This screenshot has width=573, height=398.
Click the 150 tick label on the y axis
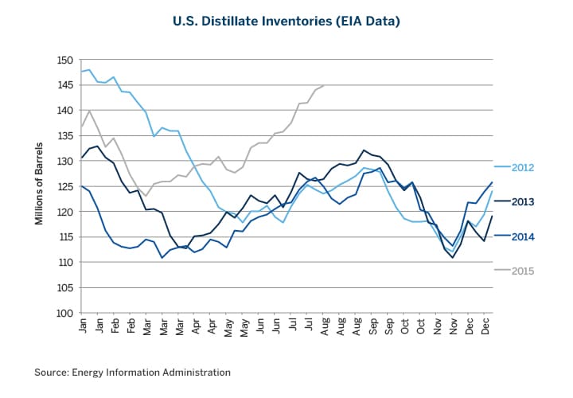click(x=64, y=60)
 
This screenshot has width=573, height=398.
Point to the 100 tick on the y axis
click(x=64, y=313)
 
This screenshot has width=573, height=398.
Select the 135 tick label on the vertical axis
click(x=64, y=136)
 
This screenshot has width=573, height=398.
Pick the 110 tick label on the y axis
click(x=64, y=263)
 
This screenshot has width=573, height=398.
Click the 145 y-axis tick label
click(x=64, y=85)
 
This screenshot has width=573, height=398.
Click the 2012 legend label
click(x=522, y=167)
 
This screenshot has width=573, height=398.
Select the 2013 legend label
click(x=522, y=201)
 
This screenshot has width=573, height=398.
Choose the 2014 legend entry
click(x=522, y=236)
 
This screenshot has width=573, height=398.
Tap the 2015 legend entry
click(x=522, y=271)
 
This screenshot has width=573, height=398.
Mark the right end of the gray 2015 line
click(x=323, y=85)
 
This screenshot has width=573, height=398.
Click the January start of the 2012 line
click(x=82, y=72)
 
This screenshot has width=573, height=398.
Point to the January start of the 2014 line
click(x=82, y=185)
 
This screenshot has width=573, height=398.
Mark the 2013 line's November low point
click(x=452, y=257)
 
